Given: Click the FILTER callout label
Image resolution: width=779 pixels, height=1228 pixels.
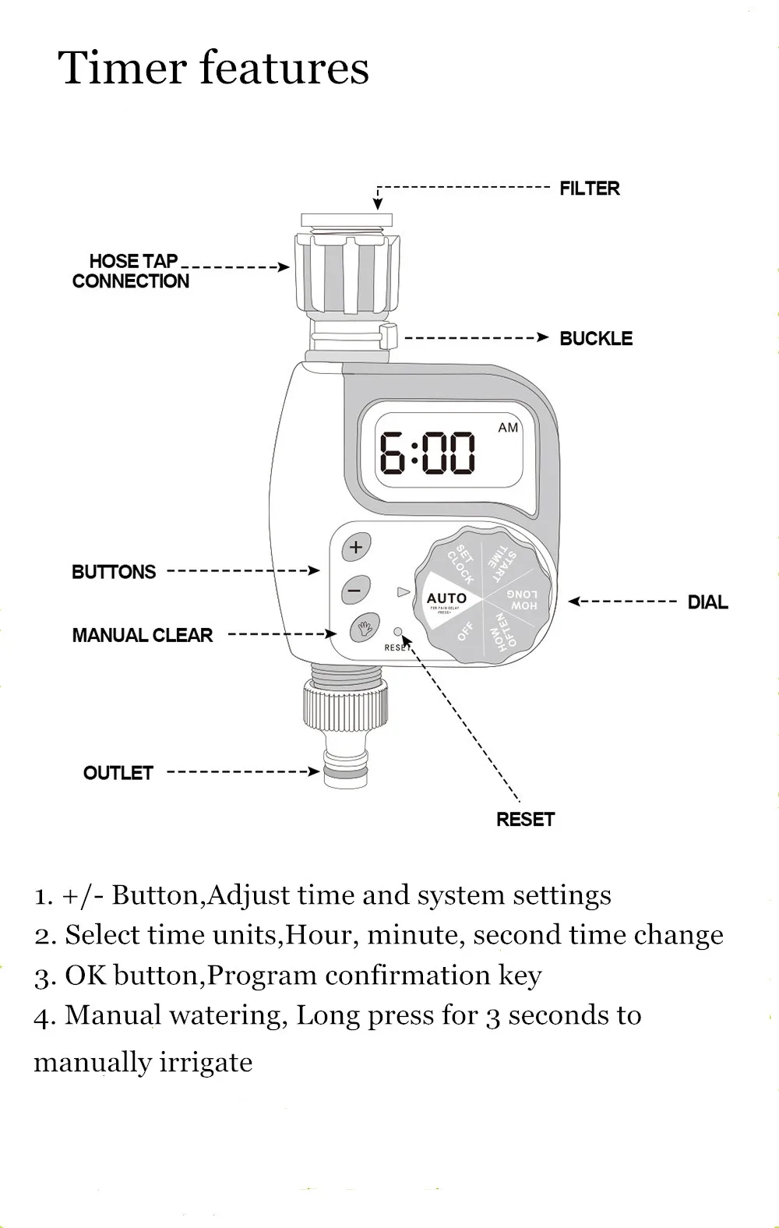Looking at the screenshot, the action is (589, 189).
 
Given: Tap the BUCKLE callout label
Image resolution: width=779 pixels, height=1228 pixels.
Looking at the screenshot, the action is (596, 339).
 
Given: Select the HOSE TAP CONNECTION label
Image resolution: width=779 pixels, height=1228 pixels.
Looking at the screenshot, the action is (131, 271).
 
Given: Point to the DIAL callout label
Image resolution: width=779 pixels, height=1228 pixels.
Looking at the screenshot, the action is (707, 602).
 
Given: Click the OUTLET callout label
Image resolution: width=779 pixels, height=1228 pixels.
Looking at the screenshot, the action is (118, 773).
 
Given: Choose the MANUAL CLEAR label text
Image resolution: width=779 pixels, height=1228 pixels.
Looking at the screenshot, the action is (142, 636).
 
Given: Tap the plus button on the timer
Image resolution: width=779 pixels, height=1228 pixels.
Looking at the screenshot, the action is (356, 547).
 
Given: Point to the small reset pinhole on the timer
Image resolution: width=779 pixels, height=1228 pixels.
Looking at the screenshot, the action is (398, 632).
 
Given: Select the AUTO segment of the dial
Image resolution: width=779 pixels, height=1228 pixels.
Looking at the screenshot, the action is (446, 599).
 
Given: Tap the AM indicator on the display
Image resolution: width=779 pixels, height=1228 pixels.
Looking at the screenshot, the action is (508, 428).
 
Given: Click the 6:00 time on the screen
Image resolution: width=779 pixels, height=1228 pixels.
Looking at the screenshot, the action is (427, 454).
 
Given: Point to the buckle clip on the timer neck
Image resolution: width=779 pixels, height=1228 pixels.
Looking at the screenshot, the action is (389, 337).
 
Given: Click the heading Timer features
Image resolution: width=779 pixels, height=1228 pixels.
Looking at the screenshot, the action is (213, 68).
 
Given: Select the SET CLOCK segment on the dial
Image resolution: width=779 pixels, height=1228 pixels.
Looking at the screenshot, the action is (460, 564).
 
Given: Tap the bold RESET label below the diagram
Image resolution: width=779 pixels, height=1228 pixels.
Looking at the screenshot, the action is (525, 820).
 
